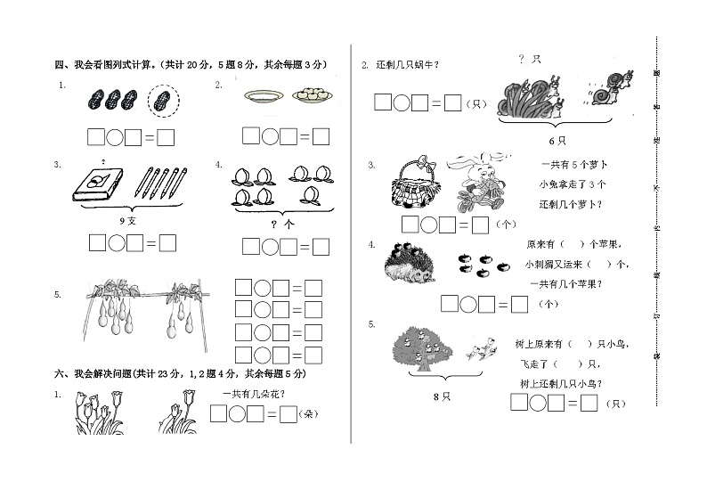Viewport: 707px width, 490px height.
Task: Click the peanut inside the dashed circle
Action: click(x=159, y=99)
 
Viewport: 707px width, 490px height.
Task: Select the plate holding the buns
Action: click(x=312, y=94)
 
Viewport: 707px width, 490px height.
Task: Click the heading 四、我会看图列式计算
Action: click(x=105, y=64)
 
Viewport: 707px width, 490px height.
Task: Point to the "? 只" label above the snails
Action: click(x=530, y=59)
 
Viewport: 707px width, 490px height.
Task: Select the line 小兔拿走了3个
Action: click(x=572, y=184)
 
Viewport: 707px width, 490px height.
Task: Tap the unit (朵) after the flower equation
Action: click(x=309, y=414)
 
